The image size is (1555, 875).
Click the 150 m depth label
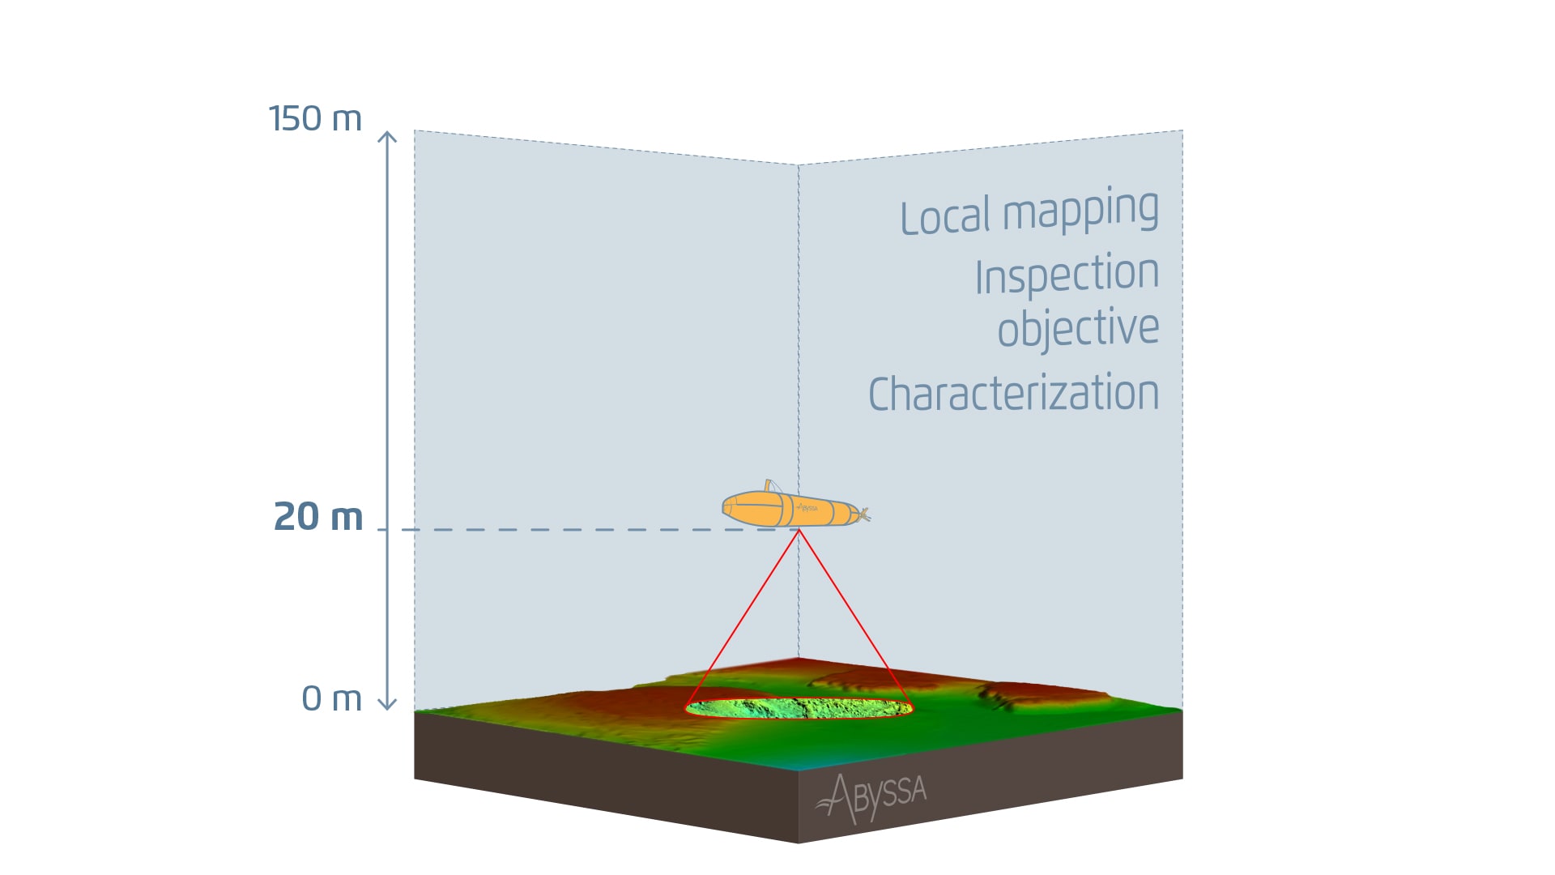[x=315, y=119]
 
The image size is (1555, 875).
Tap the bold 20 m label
[x=318, y=517]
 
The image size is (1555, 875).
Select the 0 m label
[x=331, y=698]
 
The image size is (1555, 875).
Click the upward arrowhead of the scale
[x=387, y=136]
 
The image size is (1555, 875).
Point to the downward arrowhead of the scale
[x=387, y=704]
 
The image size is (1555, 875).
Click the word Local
[x=945, y=216]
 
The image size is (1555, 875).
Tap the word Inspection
[x=1067, y=275]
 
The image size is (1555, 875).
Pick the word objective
[x=1078, y=329]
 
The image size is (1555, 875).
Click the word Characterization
[x=1013, y=394]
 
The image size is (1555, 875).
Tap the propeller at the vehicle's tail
[x=864, y=514]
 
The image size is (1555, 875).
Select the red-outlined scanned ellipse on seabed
[x=799, y=709]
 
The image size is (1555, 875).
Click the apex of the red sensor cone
[x=799, y=531]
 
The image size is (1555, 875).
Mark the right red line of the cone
[x=854, y=617]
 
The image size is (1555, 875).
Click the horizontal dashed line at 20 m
[x=567, y=530]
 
